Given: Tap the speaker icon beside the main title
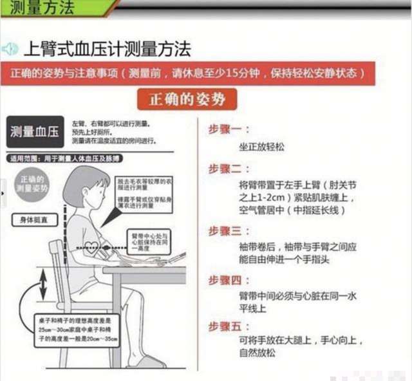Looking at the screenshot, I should coord(10,49).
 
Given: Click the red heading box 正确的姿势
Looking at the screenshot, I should coord(187,99).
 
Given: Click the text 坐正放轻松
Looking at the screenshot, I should coord(261,147).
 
